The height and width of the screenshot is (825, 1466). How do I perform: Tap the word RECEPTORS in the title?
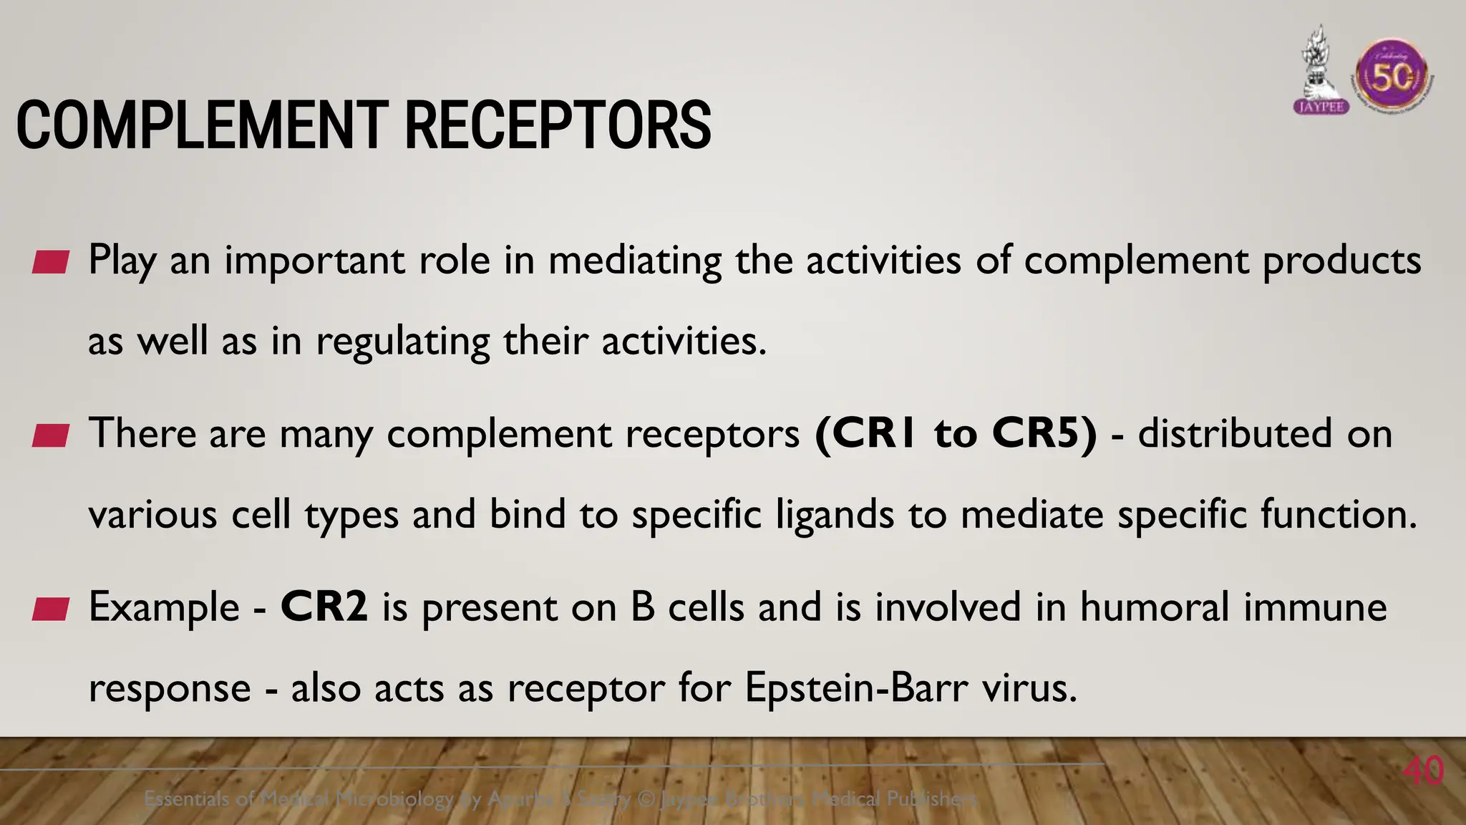(x=558, y=126)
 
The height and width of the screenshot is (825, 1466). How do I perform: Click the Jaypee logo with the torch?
(x=1321, y=72)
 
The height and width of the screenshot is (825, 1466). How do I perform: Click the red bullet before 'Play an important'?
(x=51, y=262)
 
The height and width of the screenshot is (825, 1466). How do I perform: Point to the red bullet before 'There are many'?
(x=51, y=435)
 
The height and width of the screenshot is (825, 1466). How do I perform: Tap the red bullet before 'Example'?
(x=51, y=609)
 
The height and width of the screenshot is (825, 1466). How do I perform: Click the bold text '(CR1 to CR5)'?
(x=956, y=433)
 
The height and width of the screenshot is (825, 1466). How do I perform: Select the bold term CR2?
(x=324, y=607)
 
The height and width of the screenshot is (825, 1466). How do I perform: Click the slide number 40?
(x=1423, y=771)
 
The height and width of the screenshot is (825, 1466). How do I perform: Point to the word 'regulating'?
(x=403, y=342)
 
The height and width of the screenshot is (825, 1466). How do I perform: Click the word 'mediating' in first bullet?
(x=635, y=261)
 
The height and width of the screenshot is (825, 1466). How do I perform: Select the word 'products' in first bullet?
(x=1341, y=261)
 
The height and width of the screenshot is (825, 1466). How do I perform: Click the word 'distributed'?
(x=1235, y=433)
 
